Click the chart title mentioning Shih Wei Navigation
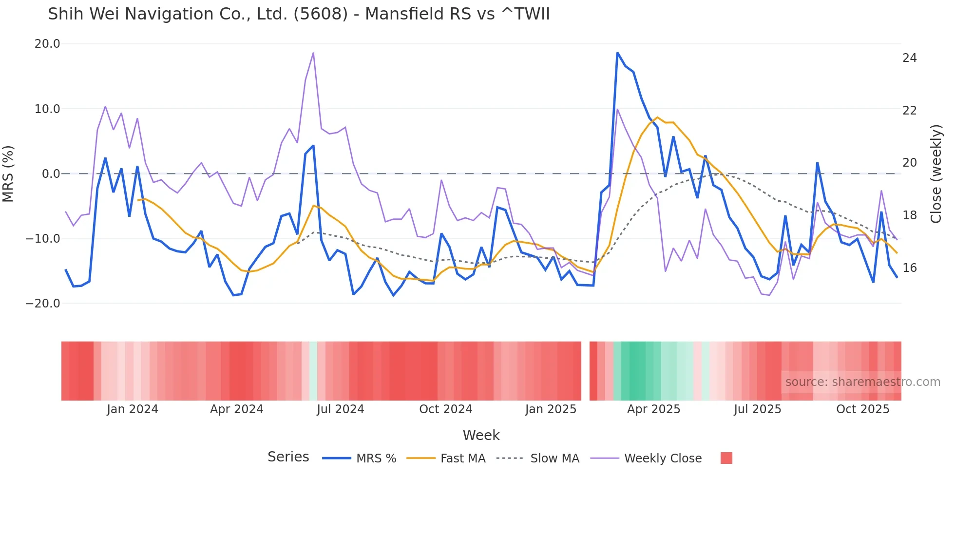click(299, 14)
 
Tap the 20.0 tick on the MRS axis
click(47, 44)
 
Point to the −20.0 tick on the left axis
click(43, 304)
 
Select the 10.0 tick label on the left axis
click(47, 109)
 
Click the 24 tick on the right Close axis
click(909, 58)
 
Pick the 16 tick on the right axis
click(909, 268)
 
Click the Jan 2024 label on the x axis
click(133, 409)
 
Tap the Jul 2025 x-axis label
click(757, 409)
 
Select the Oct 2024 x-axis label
click(445, 409)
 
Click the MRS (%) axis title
click(8, 174)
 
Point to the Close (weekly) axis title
click(936, 174)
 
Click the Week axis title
click(481, 435)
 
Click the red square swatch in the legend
click(726, 458)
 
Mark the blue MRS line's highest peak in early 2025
click(617, 53)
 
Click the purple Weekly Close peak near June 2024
click(313, 53)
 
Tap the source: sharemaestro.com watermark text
click(862, 382)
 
